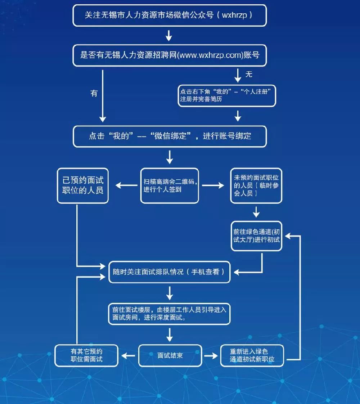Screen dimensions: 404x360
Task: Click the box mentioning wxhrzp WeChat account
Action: tap(170, 15)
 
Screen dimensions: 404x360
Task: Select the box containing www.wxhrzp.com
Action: tap(170, 55)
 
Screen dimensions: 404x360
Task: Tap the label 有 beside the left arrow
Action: tap(94, 93)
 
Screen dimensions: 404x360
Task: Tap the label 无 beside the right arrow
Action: tap(249, 74)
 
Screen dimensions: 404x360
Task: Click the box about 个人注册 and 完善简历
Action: tap(227, 96)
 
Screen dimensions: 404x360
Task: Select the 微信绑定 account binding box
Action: tap(170, 136)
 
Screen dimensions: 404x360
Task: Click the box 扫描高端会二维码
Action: tap(169, 185)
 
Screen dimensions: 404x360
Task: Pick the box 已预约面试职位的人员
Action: tap(83, 185)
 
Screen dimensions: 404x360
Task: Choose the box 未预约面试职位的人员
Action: tap(256, 185)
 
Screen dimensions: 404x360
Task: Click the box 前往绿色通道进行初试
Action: tap(256, 236)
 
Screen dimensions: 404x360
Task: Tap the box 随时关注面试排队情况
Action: tap(169, 272)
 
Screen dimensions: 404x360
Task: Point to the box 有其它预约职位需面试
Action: tap(81, 355)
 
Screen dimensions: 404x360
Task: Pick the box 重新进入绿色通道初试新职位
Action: tap(252, 355)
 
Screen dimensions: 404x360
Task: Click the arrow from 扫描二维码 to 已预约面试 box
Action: tap(126, 185)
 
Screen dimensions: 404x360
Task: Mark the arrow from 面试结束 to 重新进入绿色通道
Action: tap(211, 355)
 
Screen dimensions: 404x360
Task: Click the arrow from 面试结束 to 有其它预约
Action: tap(129, 355)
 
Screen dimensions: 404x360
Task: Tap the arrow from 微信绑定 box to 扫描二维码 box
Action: tap(170, 157)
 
